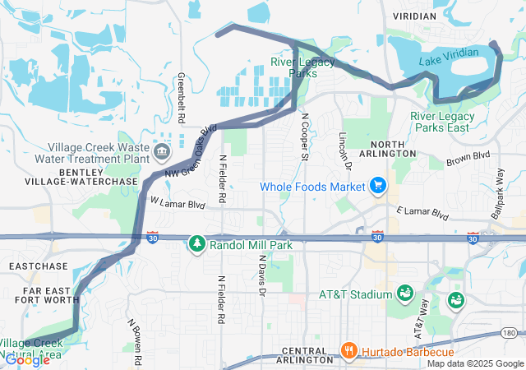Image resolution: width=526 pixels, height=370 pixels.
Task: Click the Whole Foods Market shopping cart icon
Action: point(378,187)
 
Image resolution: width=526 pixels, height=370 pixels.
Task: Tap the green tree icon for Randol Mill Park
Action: point(197,244)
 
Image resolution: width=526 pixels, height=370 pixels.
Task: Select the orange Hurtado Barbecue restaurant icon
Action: point(350,351)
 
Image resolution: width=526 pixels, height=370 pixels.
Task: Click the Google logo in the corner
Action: point(27,359)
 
